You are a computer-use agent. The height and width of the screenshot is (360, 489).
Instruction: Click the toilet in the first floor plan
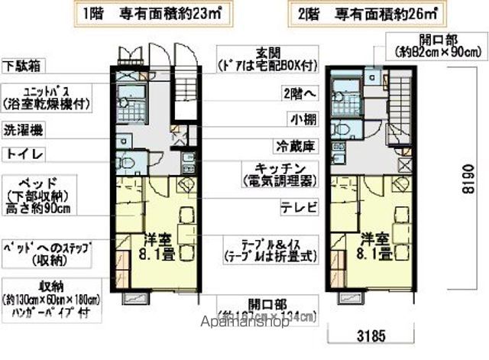click(x=127, y=162)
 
